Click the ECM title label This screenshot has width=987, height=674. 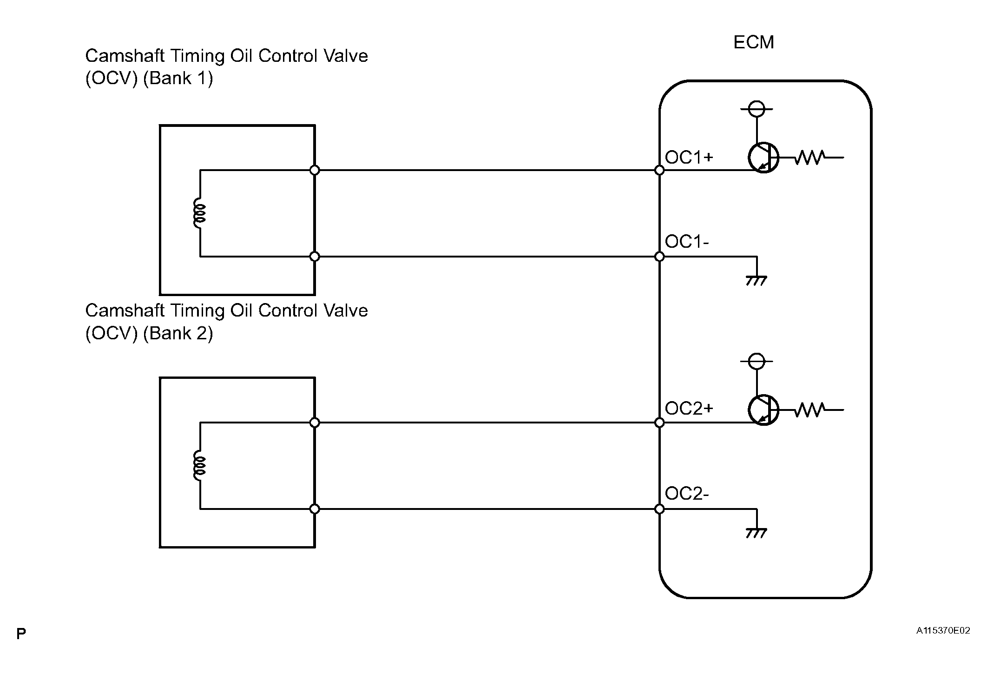click(x=753, y=42)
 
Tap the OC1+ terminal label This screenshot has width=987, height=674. click(x=689, y=158)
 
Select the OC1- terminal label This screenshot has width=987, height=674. click(x=687, y=242)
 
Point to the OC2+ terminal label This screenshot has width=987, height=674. click(x=689, y=409)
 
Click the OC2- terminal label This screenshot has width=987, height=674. click(x=687, y=494)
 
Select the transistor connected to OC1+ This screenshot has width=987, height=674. click(x=763, y=158)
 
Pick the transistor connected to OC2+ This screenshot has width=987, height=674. click(x=763, y=410)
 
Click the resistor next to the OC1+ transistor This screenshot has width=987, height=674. click(x=810, y=158)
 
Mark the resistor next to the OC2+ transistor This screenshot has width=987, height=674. click(x=810, y=410)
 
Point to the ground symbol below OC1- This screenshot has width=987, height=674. click(x=757, y=281)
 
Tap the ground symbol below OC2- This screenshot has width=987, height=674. click(x=757, y=533)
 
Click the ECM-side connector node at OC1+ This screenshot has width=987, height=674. click(x=659, y=170)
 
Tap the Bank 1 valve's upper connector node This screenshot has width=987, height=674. click(x=315, y=170)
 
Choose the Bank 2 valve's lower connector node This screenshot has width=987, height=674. click(x=315, y=509)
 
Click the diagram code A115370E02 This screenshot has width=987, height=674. click(x=943, y=631)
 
